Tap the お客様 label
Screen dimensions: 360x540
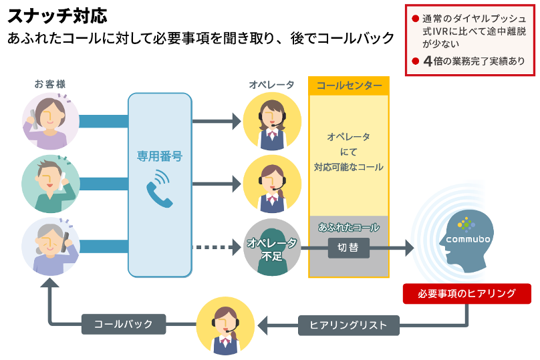click(x=50, y=84)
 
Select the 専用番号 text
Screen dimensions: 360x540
click(x=160, y=156)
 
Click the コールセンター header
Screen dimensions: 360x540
click(x=349, y=86)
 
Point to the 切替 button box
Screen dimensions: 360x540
click(x=348, y=248)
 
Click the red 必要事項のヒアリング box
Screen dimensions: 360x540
click(x=466, y=293)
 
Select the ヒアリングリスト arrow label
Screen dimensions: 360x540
click(x=348, y=325)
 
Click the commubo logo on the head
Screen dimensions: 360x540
click(x=468, y=230)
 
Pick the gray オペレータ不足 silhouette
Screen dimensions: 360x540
click(x=271, y=248)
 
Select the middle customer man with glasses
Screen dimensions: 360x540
click(x=50, y=184)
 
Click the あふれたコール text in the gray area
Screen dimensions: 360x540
click(x=348, y=227)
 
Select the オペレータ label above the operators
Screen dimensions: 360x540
click(x=271, y=84)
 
